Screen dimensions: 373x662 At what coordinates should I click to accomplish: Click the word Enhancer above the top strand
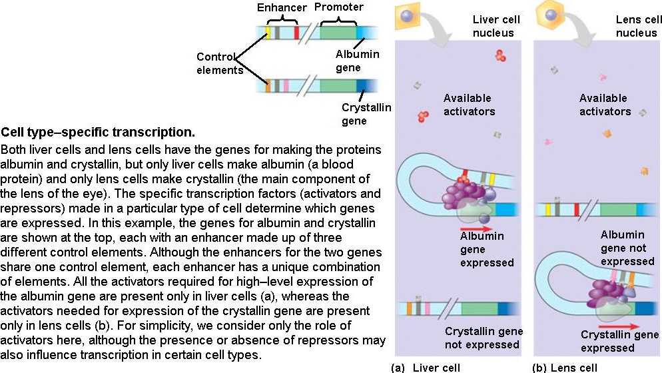click(281, 8)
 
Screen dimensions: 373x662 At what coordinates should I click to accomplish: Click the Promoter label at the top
click(338, 7)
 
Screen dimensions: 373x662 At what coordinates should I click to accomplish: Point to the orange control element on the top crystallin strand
click(268, 85)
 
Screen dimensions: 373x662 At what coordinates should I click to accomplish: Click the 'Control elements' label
click(219, 63)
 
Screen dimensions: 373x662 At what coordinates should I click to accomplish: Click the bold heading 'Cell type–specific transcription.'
click(98, 131)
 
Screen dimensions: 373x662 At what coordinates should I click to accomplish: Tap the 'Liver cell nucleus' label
click(496, 26)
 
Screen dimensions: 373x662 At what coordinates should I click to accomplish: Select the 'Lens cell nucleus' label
click(636, 26)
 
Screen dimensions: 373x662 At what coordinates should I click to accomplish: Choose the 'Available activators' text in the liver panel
click(469, 105)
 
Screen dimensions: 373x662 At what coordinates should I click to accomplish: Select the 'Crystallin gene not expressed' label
click(484, 338)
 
